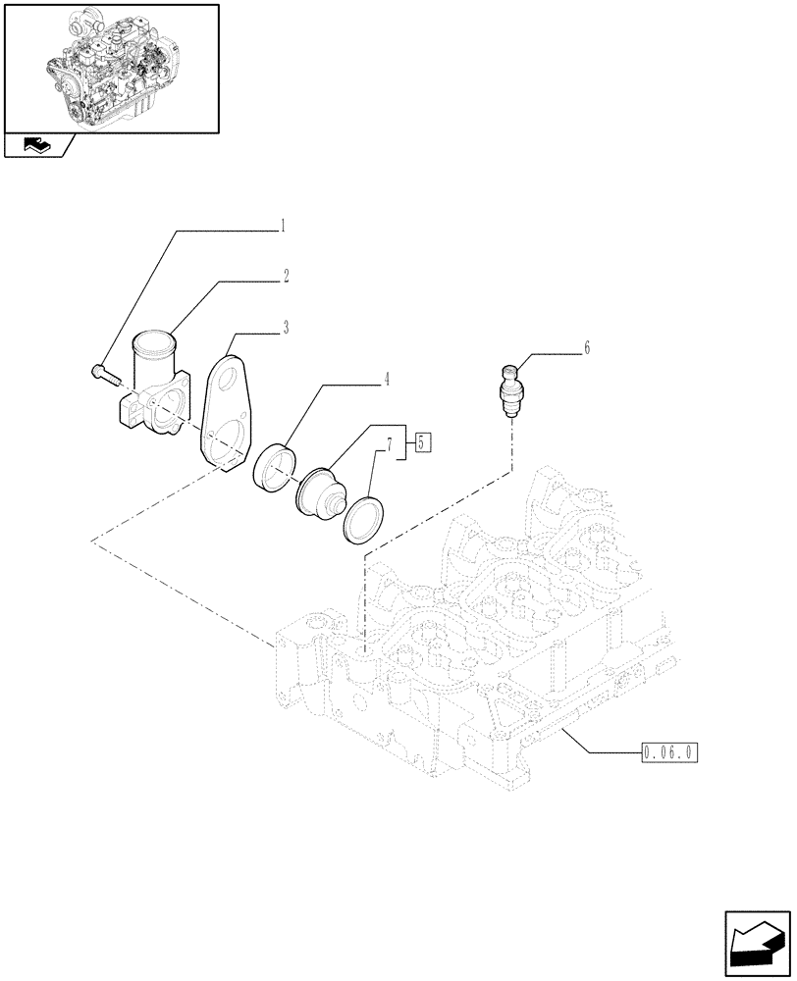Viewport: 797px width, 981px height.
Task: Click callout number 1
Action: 284,227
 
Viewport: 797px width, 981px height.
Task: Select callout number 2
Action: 286,278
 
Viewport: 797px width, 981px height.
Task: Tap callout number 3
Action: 286,328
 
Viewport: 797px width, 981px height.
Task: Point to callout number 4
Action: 387,377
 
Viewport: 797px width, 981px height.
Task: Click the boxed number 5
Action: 421,442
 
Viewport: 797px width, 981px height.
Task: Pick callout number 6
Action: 587,347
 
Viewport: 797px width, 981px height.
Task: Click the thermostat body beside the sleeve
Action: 319,490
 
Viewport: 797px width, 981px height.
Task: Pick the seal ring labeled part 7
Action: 364,518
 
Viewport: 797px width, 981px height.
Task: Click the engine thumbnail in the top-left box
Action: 110,67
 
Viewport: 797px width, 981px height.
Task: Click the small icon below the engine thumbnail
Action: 35,147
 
